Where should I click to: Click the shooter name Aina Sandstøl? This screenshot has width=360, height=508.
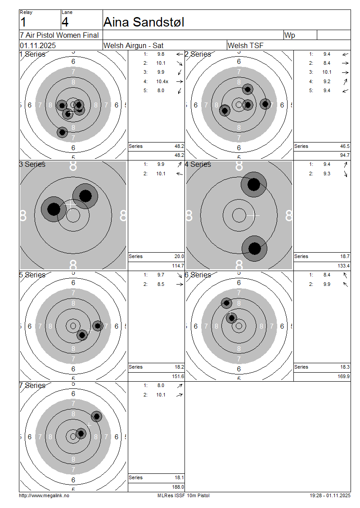click(x=144, y=22)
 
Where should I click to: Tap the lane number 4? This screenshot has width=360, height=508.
click(x=65, y=22)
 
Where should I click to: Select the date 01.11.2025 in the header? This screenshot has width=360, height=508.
click(x=38, y=45)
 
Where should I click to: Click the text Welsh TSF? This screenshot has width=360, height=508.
click(x=246, y=45)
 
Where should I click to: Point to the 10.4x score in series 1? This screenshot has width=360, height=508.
click(x=162, y=81)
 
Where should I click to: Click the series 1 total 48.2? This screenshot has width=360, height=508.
click(x=180, y=146)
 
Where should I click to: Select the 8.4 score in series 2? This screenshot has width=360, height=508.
click(x=327, y=63)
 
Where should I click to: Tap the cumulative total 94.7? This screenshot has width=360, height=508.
click(x=345, y=155)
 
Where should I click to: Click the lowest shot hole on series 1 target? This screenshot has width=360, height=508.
click(x=62, y=132)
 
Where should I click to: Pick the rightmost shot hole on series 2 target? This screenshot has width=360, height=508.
click(x=265, y=104)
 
